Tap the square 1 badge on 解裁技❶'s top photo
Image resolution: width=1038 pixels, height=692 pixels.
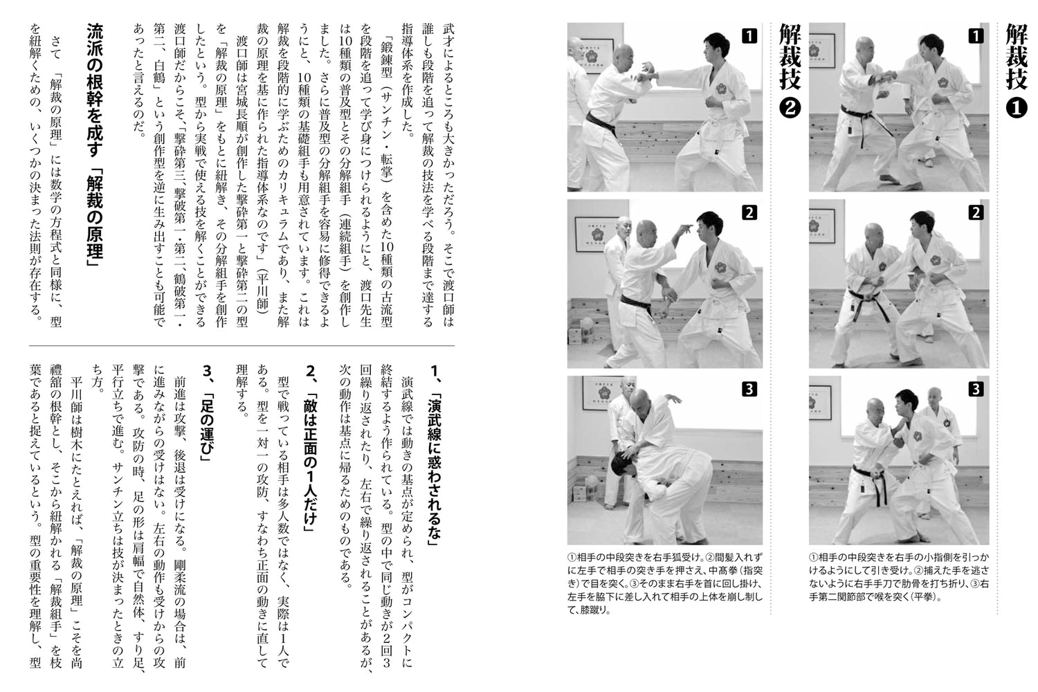(x=975, y=36)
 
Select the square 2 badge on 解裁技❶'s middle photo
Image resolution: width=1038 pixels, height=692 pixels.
(x=975, y=212)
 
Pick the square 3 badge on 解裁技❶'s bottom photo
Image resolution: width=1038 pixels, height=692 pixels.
(x=975, y=389)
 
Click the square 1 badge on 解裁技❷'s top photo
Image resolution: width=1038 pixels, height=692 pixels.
(x=749, y=36)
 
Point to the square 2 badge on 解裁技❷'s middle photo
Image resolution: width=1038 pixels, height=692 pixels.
(x=749, y=212)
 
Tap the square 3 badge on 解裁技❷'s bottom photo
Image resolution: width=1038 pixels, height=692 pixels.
(x=749, y=389)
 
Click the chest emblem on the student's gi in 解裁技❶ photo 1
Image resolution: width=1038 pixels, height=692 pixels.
(x=943, y=82)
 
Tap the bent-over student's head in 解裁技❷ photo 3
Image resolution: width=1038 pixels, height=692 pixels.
(x=623, y=465)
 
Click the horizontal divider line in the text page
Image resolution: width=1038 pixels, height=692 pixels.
(x=242, y=345)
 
